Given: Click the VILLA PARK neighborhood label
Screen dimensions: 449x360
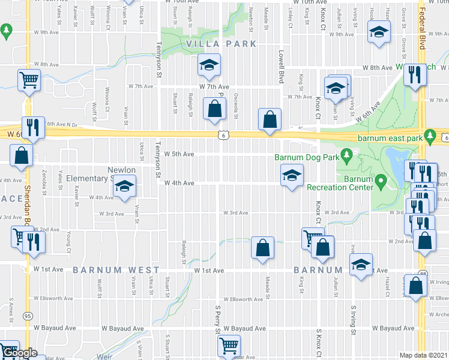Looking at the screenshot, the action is pyautogui.click(x=221, y=44).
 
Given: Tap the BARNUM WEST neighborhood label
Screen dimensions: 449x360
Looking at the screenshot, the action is pyautogui.click(x=116, y=271).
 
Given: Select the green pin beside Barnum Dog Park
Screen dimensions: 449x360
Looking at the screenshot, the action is pyautogui.click(x=346, y=157).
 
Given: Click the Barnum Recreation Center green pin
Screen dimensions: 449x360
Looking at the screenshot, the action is pyautogui.click(x=380, y=179).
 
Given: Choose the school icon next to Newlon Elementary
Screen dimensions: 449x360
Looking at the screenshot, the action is pyautogui.click(x=124, y=187).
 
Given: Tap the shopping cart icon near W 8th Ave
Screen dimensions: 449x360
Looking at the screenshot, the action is pyautogui.click(x=29, y=80).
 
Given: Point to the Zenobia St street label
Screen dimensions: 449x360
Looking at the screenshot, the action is pyautogui.click(x=46, y=178).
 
